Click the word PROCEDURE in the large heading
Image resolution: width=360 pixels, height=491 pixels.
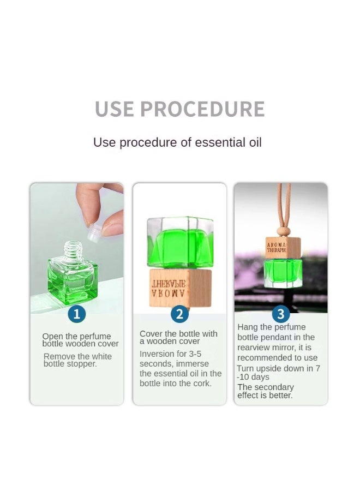(202, 109)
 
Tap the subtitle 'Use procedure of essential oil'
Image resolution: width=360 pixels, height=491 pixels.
(177, 142)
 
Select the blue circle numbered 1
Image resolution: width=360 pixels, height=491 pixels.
(76, 314)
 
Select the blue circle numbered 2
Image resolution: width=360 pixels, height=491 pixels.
(179, 314)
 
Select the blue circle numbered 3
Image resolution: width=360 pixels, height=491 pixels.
(281, 314)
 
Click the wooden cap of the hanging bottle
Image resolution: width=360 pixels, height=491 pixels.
(283, 247)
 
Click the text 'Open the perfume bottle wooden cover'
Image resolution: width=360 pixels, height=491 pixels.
(80, 340)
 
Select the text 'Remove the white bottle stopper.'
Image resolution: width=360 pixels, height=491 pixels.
(77, 360)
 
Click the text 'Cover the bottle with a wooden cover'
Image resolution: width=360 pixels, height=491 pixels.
(178, 337)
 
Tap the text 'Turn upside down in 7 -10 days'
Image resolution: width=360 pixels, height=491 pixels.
(278, 373)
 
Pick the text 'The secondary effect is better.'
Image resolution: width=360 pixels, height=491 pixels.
(265, 391)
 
